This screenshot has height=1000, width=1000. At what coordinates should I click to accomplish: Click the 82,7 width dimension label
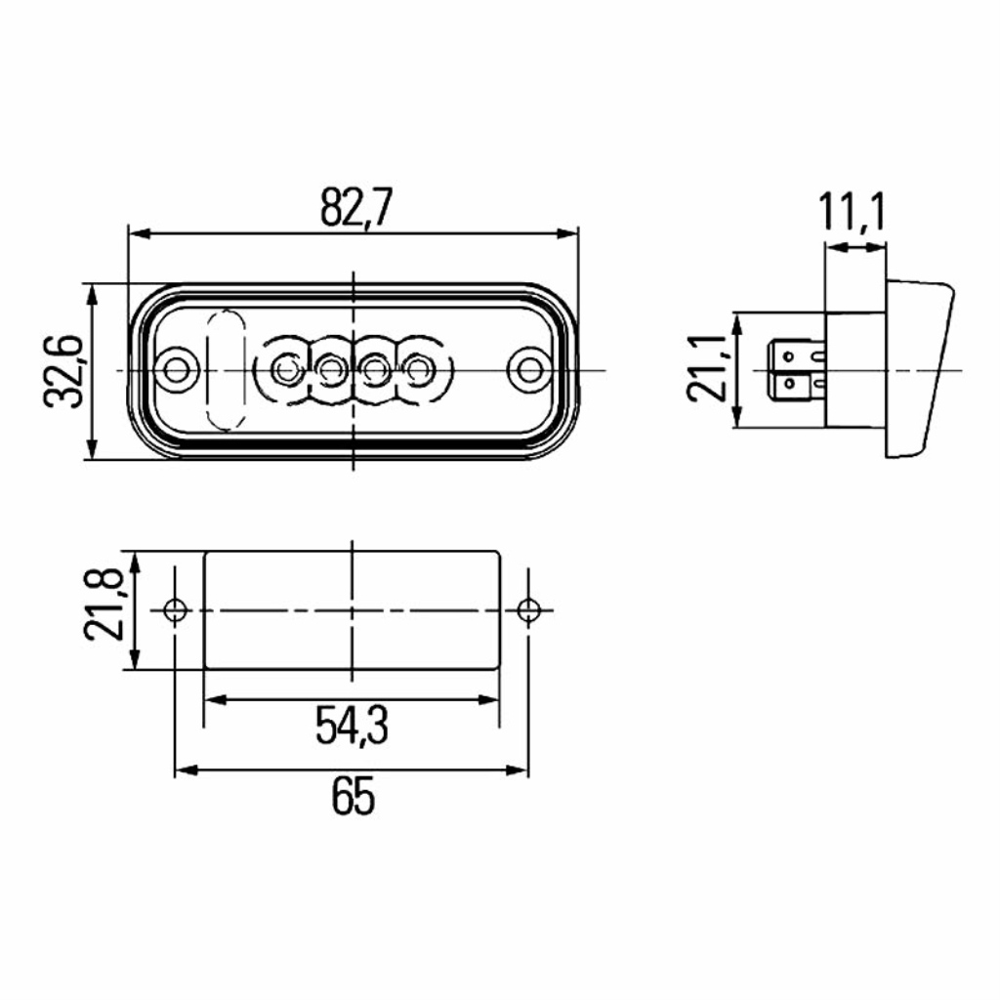[354, 207]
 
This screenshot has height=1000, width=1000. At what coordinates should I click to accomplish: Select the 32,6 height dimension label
[63, 371]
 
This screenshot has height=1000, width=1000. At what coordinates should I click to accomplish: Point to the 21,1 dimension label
[707, 368]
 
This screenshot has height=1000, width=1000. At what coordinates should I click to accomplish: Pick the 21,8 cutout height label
[103, 604]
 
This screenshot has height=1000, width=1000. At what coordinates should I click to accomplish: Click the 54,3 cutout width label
[352, 726]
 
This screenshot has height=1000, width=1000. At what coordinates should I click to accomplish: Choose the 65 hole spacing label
[353, 796]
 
